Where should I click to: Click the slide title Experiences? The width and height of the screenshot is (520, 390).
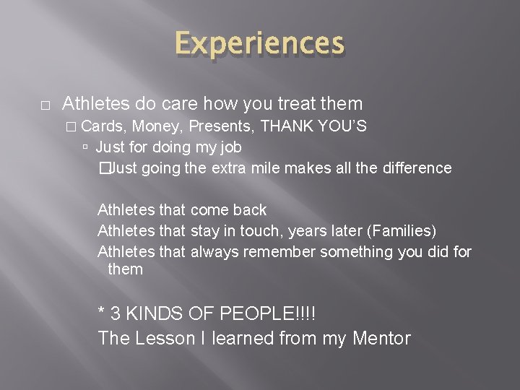(259, 43)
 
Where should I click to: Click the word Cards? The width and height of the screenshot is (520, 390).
(103, 126)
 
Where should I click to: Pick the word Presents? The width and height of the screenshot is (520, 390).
(222, 126)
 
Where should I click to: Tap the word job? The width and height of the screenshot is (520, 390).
(230, 147)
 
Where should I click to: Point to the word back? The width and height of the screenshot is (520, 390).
(250, 210)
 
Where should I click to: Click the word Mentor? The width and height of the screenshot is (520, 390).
(381, 338)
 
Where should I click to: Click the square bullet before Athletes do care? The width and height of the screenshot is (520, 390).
(45, 105)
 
